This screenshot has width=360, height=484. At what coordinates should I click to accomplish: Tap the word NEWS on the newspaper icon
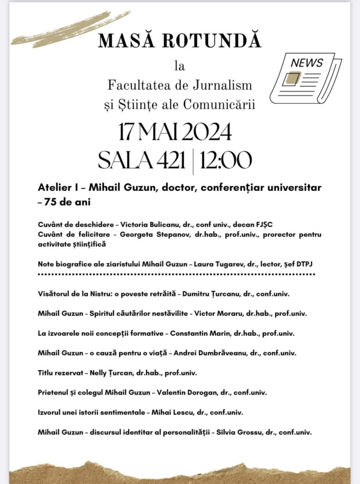coord(307,63)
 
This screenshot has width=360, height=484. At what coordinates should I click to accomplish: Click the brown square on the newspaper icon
coord(292,78)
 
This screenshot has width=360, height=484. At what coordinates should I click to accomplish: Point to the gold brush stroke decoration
coord(69,29)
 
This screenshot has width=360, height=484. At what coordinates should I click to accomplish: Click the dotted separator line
coord(176,274)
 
